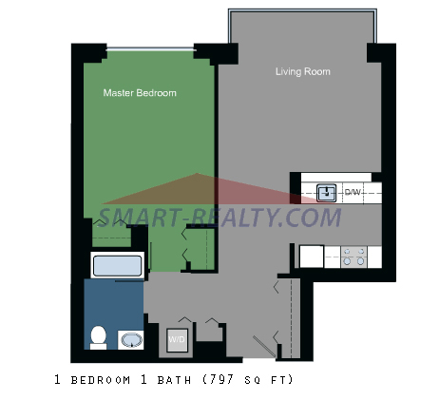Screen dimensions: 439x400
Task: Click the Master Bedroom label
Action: pyautogui.click(x=140, y=93)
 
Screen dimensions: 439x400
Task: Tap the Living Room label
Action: pyautogui.click(x=303, y=71)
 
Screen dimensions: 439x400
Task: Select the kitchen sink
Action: pyautogui.click(x=327, y=192)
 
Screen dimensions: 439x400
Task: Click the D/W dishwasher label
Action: pyautogui.click(x=353, y=192)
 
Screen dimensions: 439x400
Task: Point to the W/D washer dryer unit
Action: pyautogui.click(x=178, y=340)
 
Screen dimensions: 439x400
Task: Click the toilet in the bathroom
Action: pyautogui.click(x=98, y=337)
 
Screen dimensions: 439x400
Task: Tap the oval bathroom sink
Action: pyautogui.click(x=132, y=340)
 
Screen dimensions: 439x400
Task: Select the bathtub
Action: pyautogui.click(x=117, y=265)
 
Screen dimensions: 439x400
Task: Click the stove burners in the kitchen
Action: pyautogui.click(x=353, y=257)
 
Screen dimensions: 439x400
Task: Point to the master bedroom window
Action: pyautogui.click(x=151, y=49)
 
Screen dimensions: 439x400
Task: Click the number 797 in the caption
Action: pyautogui.click(x=222, y=379)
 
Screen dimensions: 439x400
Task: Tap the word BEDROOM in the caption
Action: pyautogui.click(x=101, y=380)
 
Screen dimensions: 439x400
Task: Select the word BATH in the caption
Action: pyautogui.click(x=174, y=380)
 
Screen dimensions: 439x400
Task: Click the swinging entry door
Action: pyautogui.click(x=264, y=347)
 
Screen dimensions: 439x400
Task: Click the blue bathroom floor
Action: pyautogui.click(x=113, y=304)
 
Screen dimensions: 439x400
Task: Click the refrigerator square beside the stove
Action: pyautogui.click(x=312, y=257)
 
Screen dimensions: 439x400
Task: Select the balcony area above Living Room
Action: pyautogui.click(x=302, y=27)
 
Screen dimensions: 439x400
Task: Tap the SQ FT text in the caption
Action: pyautogui.click(x=268, y=380)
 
